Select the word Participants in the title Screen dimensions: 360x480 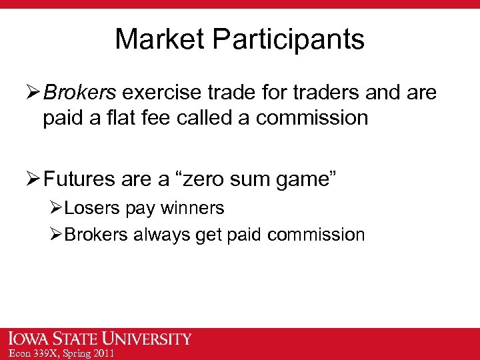click(289, 40)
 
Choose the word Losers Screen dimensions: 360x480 click(94, 208)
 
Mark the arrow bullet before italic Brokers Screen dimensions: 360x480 click(33, 93)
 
